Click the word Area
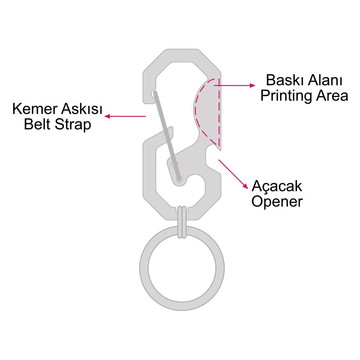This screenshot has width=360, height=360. [x=332, y=95]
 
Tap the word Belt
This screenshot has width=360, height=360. [x=37, y=124]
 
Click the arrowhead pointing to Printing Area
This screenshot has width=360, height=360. [x=253, y=85]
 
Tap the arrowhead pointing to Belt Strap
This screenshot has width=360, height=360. [x=107, y=116]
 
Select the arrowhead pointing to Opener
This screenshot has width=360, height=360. [x=246, y=186]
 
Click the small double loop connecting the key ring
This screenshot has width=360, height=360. [x=182, y=222]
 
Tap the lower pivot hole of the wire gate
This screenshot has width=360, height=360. [x=179, y=179]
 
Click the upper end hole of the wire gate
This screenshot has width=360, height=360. [x=154, y=93]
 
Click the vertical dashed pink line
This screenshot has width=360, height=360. [x=219, y=112]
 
